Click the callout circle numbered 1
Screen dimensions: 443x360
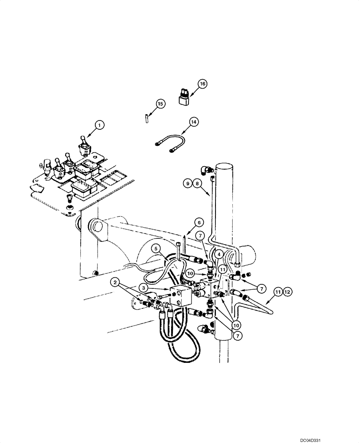(100, 126)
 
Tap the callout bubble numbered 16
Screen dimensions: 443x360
(203, 83)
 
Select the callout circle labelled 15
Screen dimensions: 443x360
(160, 104)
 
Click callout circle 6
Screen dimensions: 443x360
(199, 222)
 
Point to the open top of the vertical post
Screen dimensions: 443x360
(226, 168)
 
